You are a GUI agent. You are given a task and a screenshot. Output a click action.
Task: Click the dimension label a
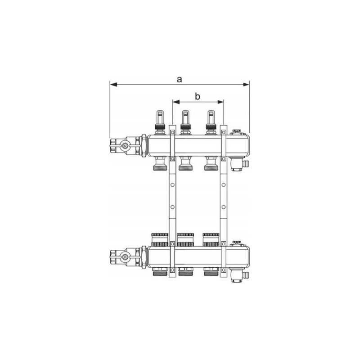coord(179,79)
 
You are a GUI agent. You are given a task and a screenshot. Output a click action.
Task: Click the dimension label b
coord(198,96)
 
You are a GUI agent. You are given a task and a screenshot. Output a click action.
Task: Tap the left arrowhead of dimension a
coord(114,85)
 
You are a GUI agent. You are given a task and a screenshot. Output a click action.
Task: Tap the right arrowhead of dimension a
coord(246,85)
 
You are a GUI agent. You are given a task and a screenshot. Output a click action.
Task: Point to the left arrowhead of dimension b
coord(176,102)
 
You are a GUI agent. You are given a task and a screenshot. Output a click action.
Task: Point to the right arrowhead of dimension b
coord(220,102)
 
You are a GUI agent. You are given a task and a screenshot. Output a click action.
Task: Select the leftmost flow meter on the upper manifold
coord(160,122)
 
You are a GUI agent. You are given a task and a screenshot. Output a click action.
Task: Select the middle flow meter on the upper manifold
coord(185,122)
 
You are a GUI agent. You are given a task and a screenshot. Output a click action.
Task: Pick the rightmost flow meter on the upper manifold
coord(211,122)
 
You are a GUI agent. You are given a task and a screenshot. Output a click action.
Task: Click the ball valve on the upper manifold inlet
coord(126,145)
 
